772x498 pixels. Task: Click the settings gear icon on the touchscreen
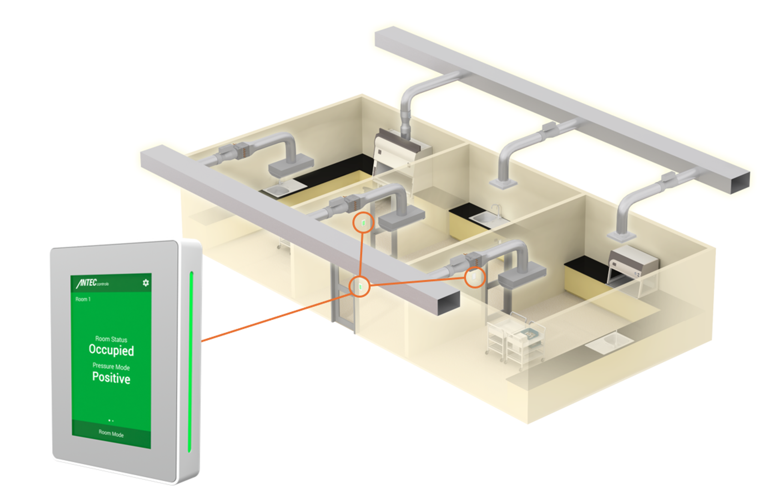[146, 283]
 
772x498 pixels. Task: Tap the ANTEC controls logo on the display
[92, 283]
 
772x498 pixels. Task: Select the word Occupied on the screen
[111, 350]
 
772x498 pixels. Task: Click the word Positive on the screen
[111, 377]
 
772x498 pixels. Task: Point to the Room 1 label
[83, 299]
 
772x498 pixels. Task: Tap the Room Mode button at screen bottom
[111, 433]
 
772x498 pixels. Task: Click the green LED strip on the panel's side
[190, 361]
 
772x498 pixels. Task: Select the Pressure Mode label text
[111, 366]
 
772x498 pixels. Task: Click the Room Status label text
[111, 339]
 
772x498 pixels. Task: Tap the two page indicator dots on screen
[111, 421]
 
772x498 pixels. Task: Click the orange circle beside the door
[359, 286]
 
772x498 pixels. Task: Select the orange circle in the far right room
[474, 277]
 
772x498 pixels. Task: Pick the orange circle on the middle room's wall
[363, 223]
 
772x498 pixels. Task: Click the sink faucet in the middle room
[496, 210]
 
